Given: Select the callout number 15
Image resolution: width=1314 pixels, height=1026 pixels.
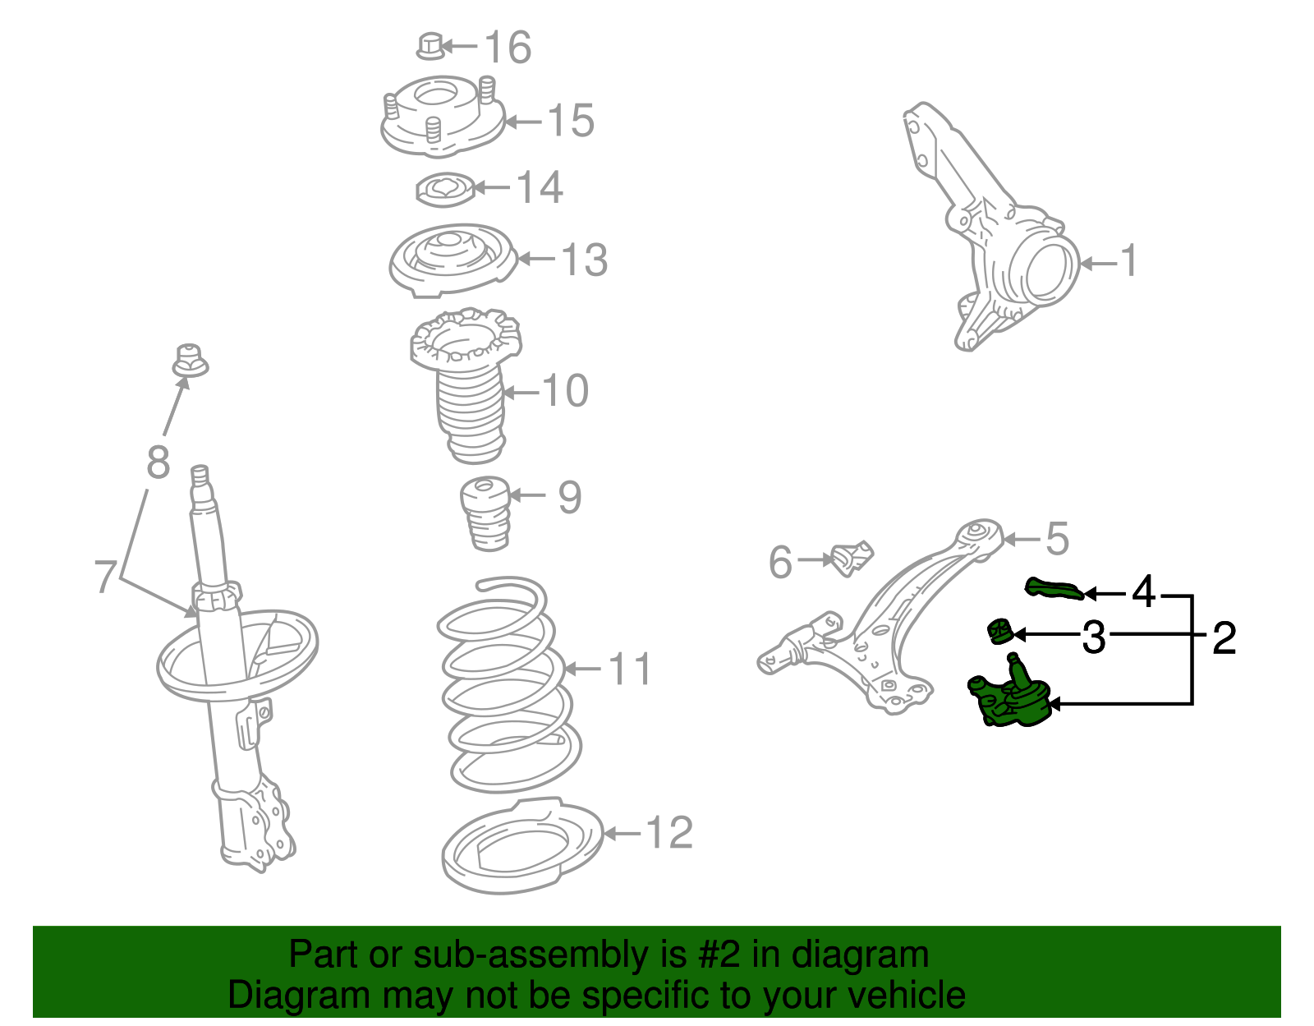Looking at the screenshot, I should coord(570,121).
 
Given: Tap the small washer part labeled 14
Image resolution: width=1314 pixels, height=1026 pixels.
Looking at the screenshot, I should coord(444,190).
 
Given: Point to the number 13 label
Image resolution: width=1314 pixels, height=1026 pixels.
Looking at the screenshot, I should coord(584,260).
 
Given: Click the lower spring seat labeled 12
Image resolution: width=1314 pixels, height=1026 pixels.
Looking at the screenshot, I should coord(522,846).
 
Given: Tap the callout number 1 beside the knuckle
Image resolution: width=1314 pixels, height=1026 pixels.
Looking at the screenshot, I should coord(1129,261).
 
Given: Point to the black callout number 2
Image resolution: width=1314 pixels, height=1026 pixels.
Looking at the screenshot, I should coord(1223,638).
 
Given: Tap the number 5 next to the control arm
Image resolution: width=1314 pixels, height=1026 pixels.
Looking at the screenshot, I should coord(1057,539).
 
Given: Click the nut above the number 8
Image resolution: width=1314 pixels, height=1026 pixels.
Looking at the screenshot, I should coord(190,361).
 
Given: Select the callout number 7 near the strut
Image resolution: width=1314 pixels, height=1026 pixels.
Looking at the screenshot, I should coord(104,576).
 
